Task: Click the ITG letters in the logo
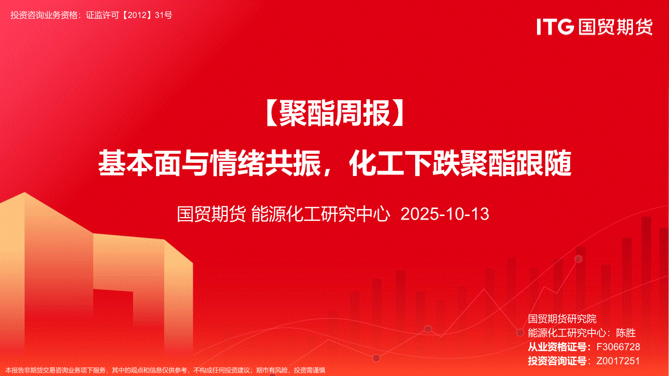[555, 26]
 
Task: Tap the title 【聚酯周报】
[334, 113]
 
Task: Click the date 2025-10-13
[445, 214]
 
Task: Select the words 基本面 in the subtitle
[139, 164]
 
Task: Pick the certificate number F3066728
[618, 347]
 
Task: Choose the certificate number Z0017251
[618, 361]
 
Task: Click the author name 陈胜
[626, 333]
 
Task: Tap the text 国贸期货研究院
[562, 319]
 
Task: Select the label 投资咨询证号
[557, 361]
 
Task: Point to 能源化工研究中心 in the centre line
[321, 214]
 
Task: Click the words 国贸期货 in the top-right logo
[615, 27]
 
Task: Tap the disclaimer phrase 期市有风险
[273, 370]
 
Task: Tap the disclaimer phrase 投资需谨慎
[310, 370]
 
